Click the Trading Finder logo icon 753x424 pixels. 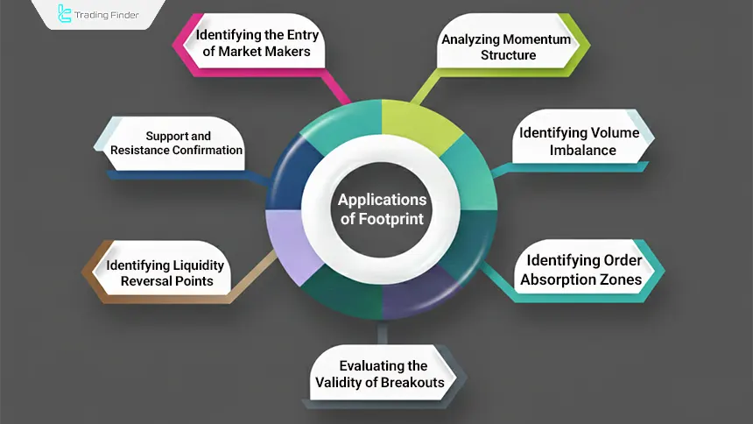(65, 14)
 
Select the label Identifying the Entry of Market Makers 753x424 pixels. (257, 44)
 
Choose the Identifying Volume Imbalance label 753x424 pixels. (578, 141)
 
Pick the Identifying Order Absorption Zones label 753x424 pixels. (583, 270)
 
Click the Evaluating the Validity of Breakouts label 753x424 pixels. (379, 373)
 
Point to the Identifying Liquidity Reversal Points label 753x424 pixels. (165, 272)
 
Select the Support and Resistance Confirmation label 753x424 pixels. (176, 143)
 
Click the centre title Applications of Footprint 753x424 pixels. (382, 208)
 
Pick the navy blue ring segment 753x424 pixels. (285, 175)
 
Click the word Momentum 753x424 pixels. (537, 39)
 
